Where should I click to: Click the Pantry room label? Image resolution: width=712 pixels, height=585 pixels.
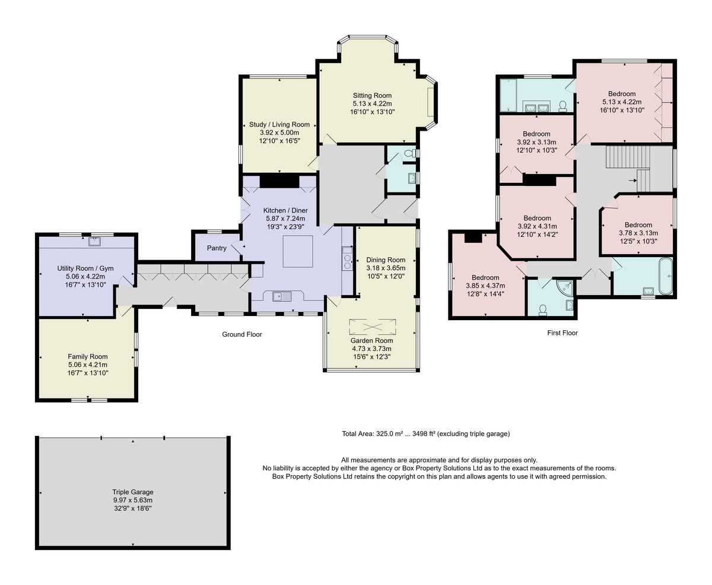click(x=217, y=248)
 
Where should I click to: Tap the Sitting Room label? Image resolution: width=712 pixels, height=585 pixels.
click(x=372, y=96)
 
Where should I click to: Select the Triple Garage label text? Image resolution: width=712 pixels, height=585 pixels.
click(x=133, y=492)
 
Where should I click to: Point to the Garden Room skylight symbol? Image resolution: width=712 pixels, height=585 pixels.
click(x=373, y=327)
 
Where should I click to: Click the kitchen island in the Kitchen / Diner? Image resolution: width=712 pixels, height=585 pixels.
click(x=297, y=251)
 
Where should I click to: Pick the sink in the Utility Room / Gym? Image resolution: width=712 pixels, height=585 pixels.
click(x=94, y=241)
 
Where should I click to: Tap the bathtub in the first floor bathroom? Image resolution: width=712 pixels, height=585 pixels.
click(x=665, y=276)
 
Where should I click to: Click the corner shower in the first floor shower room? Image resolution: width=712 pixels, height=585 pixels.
click(x=565, y=287)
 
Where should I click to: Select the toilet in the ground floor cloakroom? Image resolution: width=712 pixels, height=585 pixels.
click(x=410, y=153)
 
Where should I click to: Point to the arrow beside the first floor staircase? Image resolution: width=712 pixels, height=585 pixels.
click(x=632, y=181)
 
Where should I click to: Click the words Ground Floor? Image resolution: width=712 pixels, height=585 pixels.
click(x=241, y=334)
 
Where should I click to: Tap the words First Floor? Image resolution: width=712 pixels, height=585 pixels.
click(x=562, y=333)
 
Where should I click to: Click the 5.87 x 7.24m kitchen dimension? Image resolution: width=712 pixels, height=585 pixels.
click(x=285, y=219)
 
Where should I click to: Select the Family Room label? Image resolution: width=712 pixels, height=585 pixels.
click(x=87, y=356)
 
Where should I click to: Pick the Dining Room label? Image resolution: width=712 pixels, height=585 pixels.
click(x=386, y=260)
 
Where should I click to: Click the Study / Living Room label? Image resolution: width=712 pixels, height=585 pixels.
click(x=279, y=124)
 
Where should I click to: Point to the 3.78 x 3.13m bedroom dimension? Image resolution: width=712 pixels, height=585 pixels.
click(x=638, y=233)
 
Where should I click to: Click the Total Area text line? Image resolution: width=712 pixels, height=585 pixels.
click(x=425, y=434)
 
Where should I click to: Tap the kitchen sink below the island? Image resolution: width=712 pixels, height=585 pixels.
click(x=282, y=296)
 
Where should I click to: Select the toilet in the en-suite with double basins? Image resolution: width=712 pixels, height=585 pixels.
click(x=562, y=106)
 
